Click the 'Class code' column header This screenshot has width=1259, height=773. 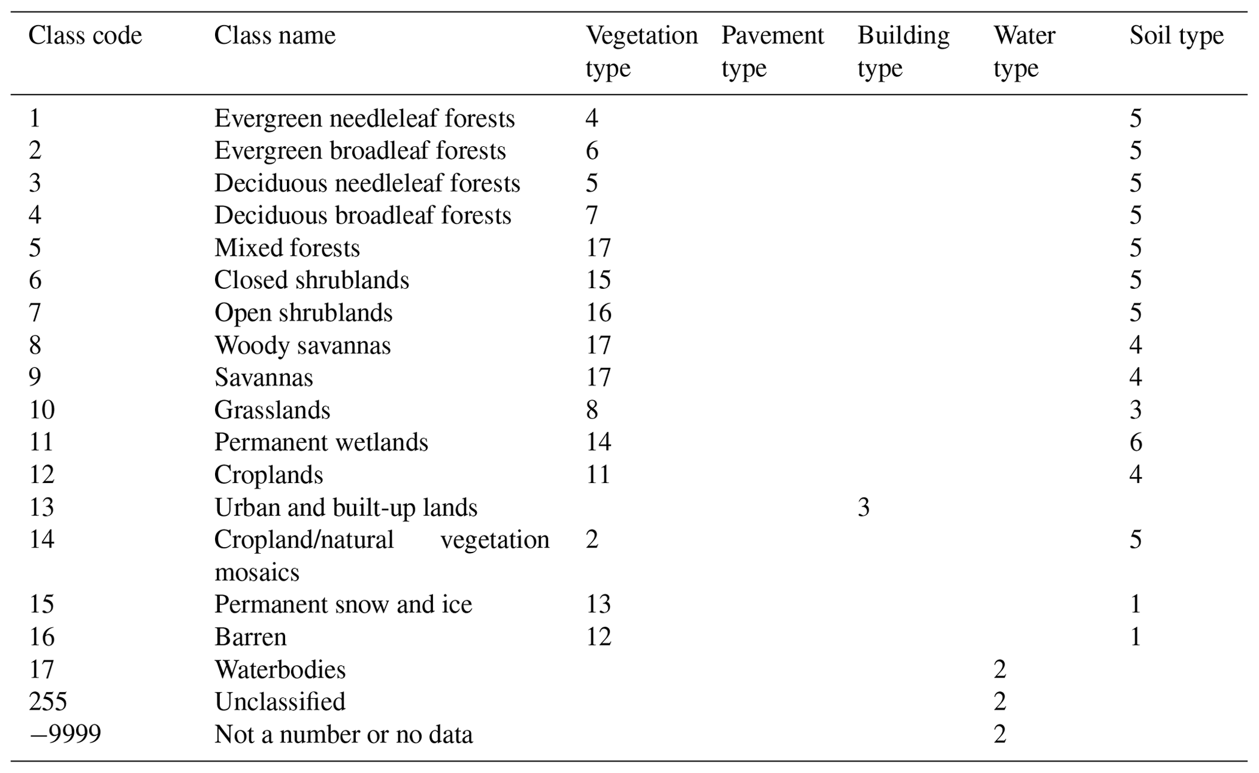pos(85,36)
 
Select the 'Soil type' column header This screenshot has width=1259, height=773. pos(1176,37)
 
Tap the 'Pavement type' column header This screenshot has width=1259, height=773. pos(772,52)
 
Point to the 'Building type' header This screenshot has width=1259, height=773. pos(903,52)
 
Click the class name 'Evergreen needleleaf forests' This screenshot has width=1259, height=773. pos(364,118)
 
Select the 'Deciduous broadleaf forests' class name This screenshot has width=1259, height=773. pos(362,216)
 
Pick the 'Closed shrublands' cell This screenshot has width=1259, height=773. pos(311,280)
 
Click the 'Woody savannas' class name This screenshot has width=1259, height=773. pos(302,345)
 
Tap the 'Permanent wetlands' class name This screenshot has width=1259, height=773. pos(321,442)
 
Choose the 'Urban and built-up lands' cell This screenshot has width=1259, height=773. pos(345,507)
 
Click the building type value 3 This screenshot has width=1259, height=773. pos(864,507)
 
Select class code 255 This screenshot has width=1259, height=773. pos(48,702)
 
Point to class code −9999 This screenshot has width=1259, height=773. pos(65,735)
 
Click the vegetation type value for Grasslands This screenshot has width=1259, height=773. pos(592,410)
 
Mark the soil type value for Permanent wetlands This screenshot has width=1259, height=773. pos(1136,442)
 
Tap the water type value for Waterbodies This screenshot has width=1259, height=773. pos(1000,669)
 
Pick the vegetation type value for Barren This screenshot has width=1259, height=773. pos(598,637)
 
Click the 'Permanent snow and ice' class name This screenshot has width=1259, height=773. pos(343,605)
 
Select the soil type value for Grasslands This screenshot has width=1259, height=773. pos(1136,410)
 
